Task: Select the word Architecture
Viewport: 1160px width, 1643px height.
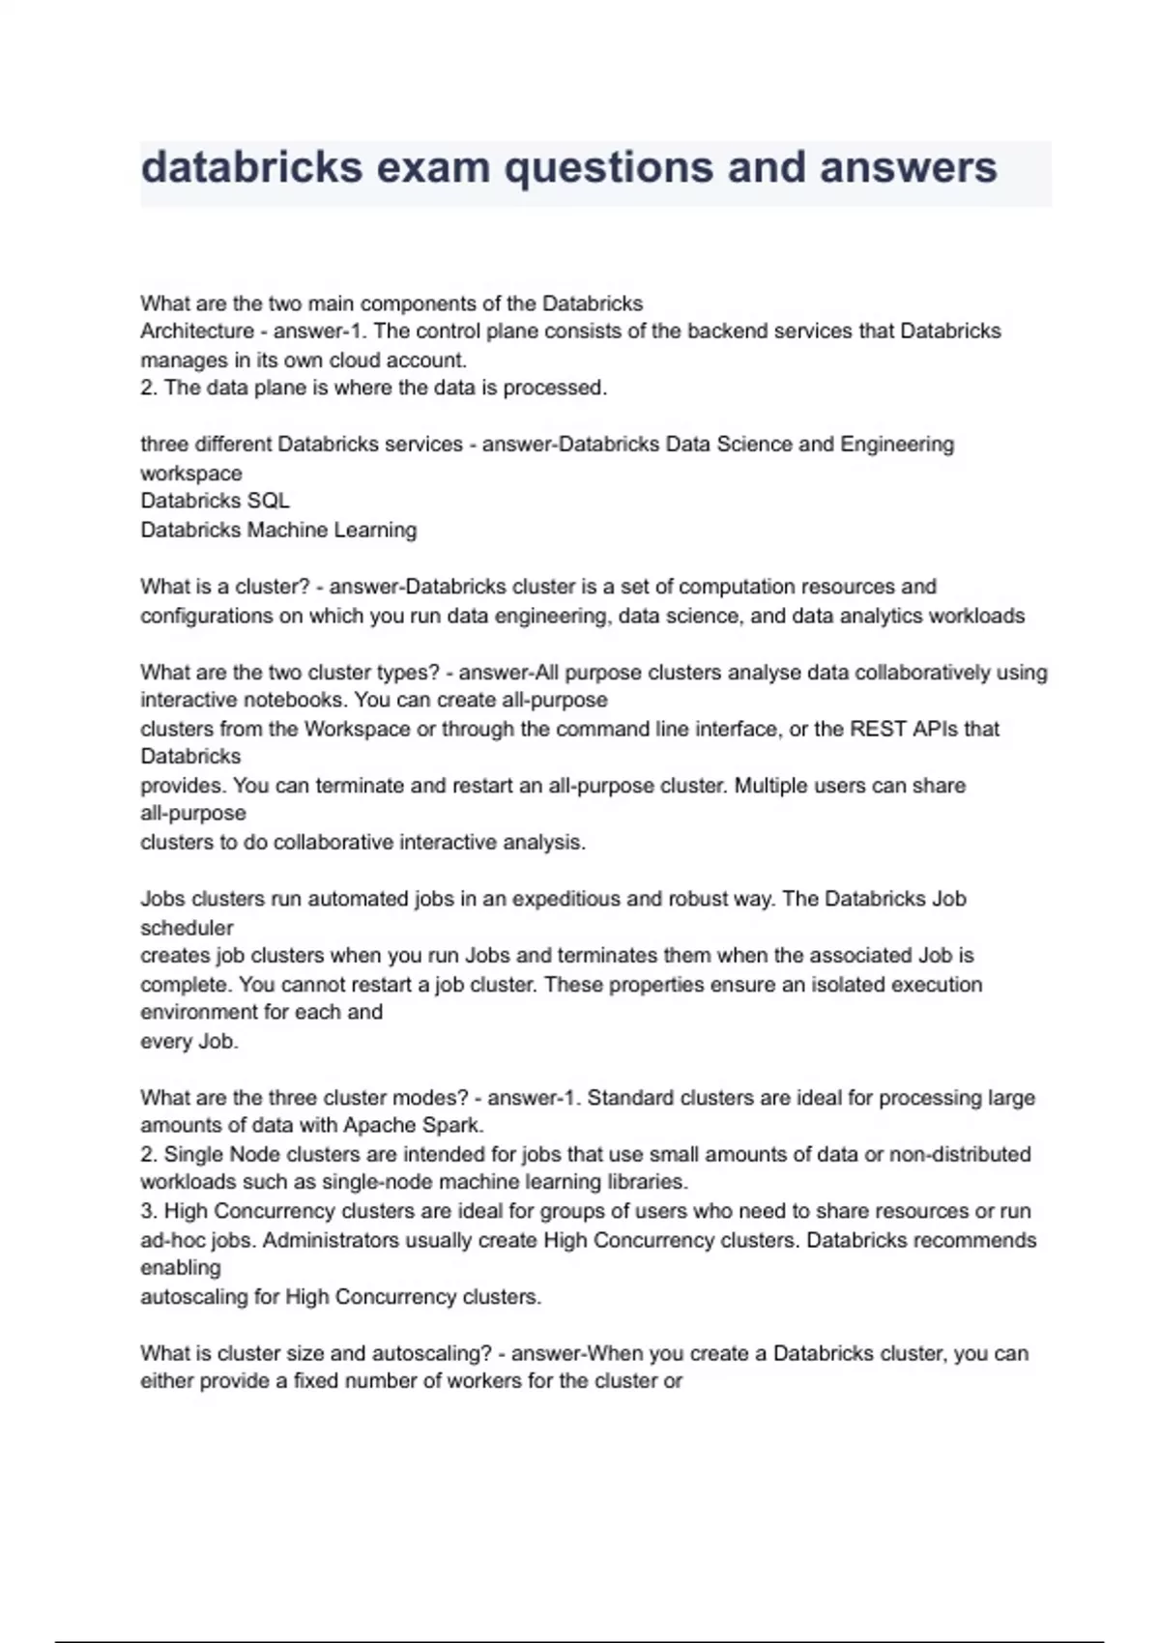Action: coord(197,331)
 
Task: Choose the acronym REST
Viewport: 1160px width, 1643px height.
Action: coord(878,729)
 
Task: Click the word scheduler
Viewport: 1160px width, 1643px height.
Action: coord(187,928)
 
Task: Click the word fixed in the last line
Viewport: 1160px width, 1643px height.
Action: coord(314,1381)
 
